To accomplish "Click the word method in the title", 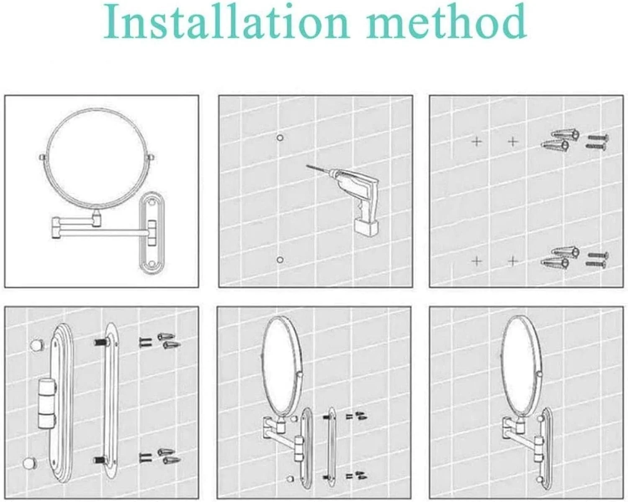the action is point(446,21).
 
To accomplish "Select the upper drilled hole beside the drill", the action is point(280,137).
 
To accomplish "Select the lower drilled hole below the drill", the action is point(280,260).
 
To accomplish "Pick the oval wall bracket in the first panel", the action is point(152,233).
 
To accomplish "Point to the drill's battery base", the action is point(366,228).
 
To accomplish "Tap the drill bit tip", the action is point(306,166).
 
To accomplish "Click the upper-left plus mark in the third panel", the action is point(477,142).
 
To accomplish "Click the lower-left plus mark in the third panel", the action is point(476,261).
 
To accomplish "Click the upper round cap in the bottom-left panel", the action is point(37,345).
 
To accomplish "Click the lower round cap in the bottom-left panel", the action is point(29,463).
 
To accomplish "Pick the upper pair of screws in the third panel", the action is point(597,142).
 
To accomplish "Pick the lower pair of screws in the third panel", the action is point(597,260).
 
